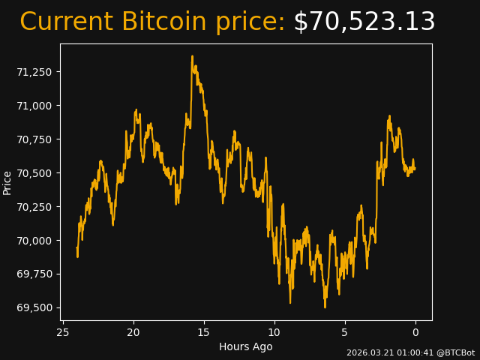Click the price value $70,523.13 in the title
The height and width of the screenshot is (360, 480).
click(x=364, y=22)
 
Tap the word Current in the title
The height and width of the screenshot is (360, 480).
click(x=67, y=22)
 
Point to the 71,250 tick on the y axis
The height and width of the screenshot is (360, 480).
click(x=35, y=72)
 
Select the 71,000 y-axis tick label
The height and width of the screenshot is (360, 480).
click(x=35, y=106)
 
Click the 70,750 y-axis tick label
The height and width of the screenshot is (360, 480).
click(x=35, y=139)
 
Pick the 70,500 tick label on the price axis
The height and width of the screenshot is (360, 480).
click(x=35, y=173)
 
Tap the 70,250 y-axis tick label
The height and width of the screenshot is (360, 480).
click(x=35, y=207)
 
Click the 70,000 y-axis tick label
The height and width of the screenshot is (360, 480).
click(x=35, y=241)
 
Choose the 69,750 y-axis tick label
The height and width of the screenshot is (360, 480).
click(x=35, y=274)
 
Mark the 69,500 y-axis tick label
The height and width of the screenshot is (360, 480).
click(x=35, y=308)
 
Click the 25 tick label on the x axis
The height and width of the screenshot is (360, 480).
click(x=63, y=332)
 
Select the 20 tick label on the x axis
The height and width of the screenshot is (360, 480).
click(x=133, y=332)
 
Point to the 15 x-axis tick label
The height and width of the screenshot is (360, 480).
click(x=204, y=332)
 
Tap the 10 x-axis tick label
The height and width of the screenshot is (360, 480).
click(x=274, y=332)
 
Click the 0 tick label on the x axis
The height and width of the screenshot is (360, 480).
click(x=415, y=332)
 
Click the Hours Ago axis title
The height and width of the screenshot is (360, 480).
click(x=246, y=346)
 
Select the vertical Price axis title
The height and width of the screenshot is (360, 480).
click(x=7, y=182)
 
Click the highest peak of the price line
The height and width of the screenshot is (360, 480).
click(x=192, y=56)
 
